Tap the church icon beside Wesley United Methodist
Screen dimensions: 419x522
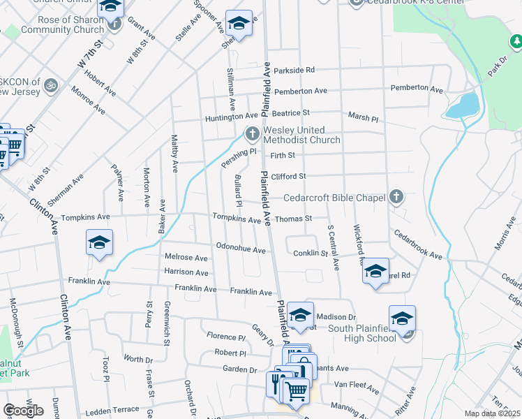pyautogui.click(x=252, y=132)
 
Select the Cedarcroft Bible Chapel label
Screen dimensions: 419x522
pyautogui.click(x=326, y=198)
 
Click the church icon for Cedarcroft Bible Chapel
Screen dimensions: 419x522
pyautogui.click(x=396, y=198)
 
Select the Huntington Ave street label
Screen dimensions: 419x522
pyautogui.click(x=231, y=117)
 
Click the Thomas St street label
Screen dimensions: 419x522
pyautogui.click(x=292, y=219)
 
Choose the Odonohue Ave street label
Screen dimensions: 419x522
pyautogui.click(x=241, y=249)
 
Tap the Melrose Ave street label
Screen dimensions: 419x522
pyautogui.click(x=186, y=258)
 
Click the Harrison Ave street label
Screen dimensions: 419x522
pyautogui.click(x=186, y=272)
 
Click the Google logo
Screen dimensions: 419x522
pyautogui.click(x=23, y=411)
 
